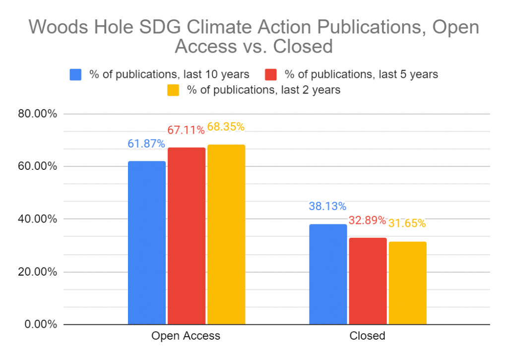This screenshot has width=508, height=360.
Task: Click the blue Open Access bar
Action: point(147,243)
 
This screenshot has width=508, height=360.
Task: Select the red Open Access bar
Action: point(187,236)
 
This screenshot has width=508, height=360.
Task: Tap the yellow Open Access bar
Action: point(226,234)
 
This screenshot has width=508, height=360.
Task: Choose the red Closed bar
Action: point(368,281)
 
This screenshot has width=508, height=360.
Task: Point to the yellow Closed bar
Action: point(408,283)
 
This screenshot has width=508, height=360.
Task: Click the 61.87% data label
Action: point(146,144)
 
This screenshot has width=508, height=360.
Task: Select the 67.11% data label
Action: point(186,130)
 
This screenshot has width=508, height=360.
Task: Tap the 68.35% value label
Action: point(226,127)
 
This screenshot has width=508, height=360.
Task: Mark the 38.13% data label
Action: point(327,207)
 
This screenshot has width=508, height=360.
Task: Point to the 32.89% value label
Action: point(368,220)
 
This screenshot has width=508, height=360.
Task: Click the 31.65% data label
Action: point(407,223)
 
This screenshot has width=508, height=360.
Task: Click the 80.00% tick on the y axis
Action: point(38,114)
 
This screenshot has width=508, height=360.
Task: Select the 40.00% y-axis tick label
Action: point(38,219)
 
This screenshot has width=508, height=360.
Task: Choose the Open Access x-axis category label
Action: point(186,336)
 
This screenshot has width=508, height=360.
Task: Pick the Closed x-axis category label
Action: point(368,336)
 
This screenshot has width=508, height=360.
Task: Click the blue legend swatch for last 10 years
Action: point(76,74)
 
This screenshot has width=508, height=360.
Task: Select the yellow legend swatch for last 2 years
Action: point(173,90)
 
